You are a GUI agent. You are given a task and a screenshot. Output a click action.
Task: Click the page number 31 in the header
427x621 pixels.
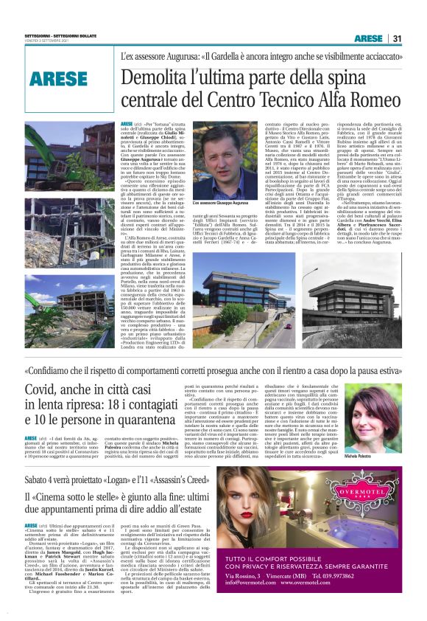point(396,38)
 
